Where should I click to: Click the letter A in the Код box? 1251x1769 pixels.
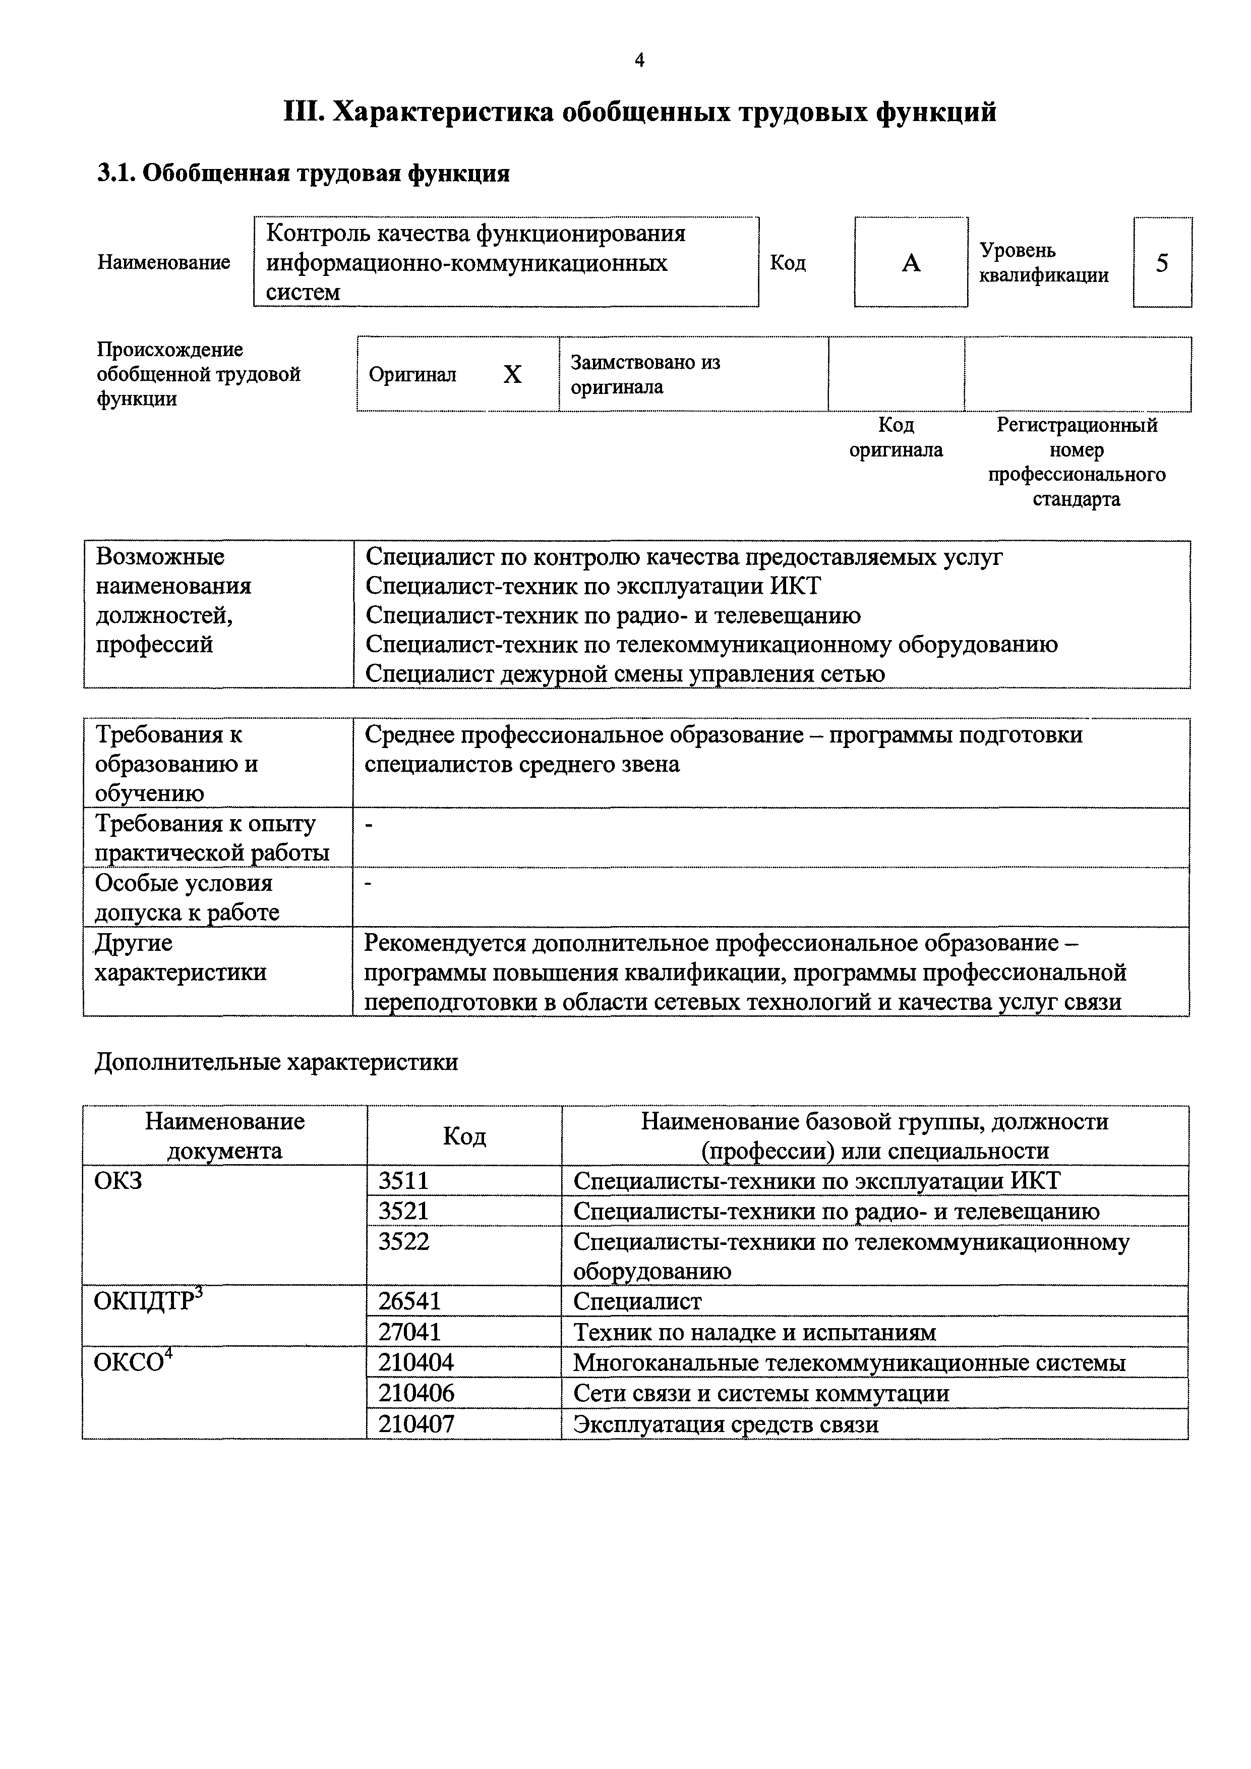point(911,263)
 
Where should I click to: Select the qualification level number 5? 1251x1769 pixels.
point(1162,263)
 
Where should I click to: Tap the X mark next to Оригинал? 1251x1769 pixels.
point(512,374)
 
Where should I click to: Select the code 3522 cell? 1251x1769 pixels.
point(404,1241)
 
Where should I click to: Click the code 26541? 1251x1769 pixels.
point(409,1301)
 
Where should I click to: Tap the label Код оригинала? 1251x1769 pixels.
point(896,438)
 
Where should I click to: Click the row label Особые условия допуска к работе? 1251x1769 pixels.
point(187,897)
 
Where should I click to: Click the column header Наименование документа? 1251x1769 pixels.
point(224,1135)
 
